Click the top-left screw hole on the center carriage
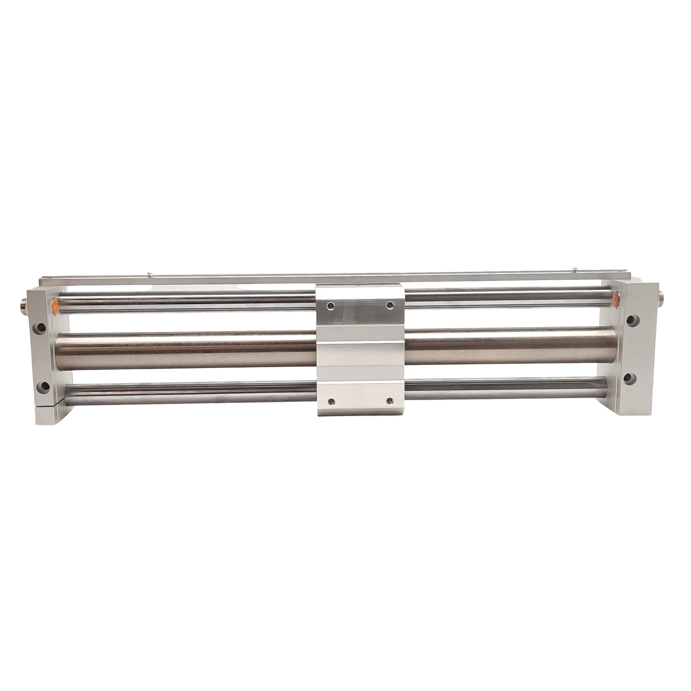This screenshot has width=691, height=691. click(x=330, y=305)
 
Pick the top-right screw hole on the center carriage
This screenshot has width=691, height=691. click(x=390, y=305)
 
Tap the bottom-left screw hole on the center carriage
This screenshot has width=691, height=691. click(x=330, y=400)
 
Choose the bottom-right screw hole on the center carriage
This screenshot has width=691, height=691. click(x=390, y=400)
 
